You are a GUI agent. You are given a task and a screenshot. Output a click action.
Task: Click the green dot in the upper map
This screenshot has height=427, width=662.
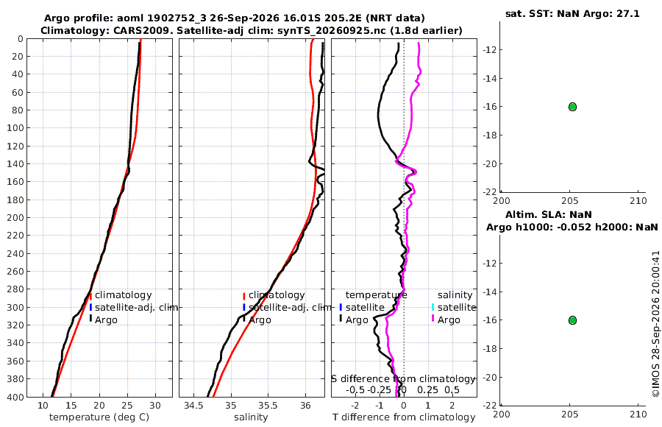pyautogui.click(x=572, y=107)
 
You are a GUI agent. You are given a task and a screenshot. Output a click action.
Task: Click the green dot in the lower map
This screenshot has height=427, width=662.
pyautogui.click(x=572, y=320)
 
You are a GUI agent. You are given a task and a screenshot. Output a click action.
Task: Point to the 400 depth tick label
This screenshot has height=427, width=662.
pyautogui.click(x=15, y=397)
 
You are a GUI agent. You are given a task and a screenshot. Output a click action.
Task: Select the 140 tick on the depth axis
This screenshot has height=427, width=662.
pyautogui.click(x=15, y=163)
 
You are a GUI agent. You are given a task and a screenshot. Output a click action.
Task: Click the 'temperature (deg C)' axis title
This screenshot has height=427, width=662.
pyautogui.click(x=99, y=417)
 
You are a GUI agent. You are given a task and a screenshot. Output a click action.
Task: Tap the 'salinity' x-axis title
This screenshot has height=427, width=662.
pyautogui.click(x=251, y=417)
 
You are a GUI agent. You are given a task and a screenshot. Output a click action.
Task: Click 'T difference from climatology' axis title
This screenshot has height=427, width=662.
pyautogui.click(x=404, y=417)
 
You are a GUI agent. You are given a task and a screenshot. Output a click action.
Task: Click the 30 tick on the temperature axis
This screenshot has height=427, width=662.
pyautogui.click(x=155, y=406)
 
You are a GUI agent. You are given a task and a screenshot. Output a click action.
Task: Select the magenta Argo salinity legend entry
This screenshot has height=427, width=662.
pyautogui.click(x=449, y=320)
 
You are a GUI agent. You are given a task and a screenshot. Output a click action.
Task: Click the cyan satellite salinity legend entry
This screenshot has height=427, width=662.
pyautogui.click(x=453, y=307)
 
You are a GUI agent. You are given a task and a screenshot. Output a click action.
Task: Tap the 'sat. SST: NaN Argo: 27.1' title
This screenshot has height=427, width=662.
pyautogui.click(x=572, y=13)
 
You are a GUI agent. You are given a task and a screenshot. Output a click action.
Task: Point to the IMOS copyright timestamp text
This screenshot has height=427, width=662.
pyautogui.click(x=655, y=324)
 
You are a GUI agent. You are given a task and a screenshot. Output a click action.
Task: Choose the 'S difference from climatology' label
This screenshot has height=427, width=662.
pyautogui.click(x=404, y=378)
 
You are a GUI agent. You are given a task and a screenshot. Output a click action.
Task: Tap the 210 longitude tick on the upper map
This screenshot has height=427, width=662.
pyautogui.click(x=638, y=200)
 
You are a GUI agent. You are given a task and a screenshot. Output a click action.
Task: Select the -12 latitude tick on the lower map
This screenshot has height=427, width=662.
pyautogui.click(x=490, y=263)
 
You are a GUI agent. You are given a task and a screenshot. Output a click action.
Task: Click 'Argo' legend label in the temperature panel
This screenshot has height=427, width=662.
pyautogui.click(x=106, y=320)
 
